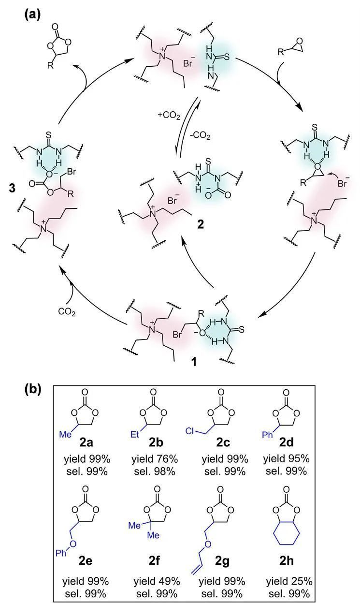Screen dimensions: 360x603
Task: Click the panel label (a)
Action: tap(33, 13)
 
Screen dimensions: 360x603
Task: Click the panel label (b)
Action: tap(33, 390)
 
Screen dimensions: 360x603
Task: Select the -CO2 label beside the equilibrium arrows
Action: tap(200, 135)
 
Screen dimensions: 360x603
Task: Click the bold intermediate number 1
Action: tap(194, 362)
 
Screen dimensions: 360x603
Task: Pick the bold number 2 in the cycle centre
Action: tap(201, 224)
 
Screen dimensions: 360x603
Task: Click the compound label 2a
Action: tap(86, 442)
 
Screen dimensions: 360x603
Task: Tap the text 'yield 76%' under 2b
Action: tap(155, 459)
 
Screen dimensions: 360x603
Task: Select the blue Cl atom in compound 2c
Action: tap(190, 431)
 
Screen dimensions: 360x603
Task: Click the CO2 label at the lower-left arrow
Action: tap(67, 311)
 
